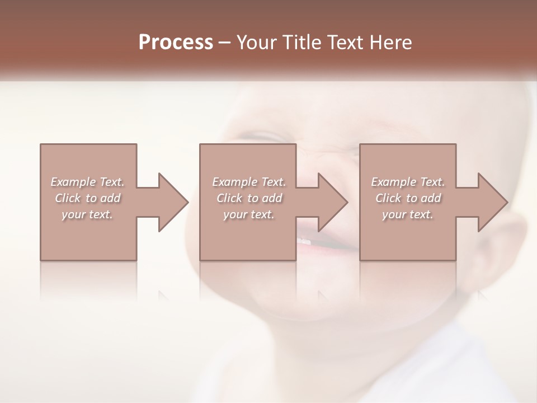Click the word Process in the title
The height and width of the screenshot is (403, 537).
176,43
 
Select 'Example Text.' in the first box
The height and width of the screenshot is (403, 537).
88,182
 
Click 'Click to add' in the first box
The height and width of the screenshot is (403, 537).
88,198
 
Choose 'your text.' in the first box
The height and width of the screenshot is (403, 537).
88,214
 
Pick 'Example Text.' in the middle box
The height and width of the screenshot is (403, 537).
249,182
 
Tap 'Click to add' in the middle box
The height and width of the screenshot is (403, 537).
249,198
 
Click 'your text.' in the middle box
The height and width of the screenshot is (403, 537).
249,214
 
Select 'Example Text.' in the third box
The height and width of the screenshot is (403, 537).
408,182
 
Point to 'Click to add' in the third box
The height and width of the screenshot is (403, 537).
408,198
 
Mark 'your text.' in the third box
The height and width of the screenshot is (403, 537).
408,214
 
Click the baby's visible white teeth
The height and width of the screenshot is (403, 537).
304,241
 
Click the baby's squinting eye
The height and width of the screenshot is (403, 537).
263,137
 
